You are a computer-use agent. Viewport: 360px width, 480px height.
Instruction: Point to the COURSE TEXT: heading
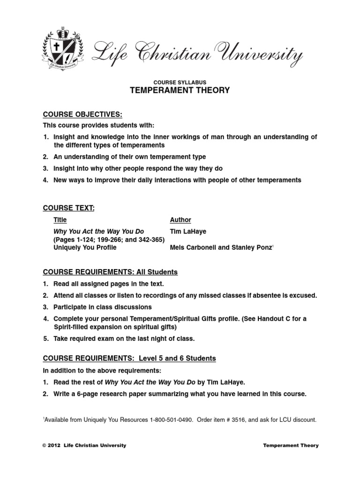tap(69, 208)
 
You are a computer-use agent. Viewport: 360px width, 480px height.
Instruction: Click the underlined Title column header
tap(60, 220)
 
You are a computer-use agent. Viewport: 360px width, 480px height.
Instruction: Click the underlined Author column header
tap(180, 220)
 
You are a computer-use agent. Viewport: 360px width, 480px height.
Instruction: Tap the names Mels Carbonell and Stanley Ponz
tap(221, 248)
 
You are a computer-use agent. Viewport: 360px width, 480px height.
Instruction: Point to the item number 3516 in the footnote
tap(249, 420)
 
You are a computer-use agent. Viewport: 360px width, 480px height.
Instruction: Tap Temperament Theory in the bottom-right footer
tap(291, 445)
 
